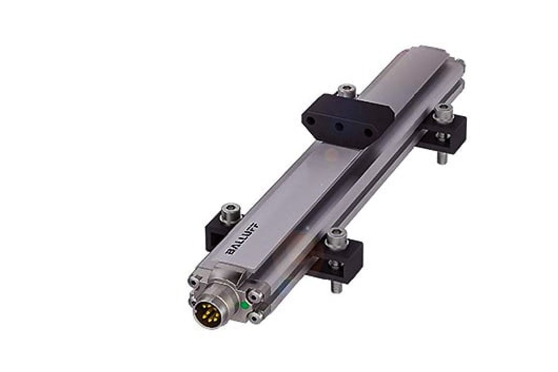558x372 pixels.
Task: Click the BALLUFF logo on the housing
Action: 244,238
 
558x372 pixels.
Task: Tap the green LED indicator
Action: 244,305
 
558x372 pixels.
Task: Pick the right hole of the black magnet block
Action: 369,133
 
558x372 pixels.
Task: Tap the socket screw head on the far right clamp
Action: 443,112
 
